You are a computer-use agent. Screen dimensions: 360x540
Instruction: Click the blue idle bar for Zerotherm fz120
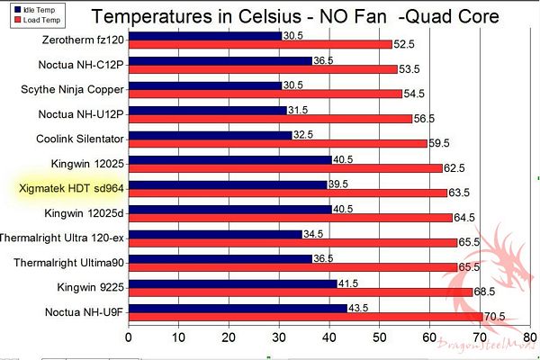pos(205,36)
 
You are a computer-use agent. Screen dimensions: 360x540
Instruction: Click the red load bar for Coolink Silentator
pos(278,142)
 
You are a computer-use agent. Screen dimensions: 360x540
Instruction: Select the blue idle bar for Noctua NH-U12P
pos(208,111)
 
